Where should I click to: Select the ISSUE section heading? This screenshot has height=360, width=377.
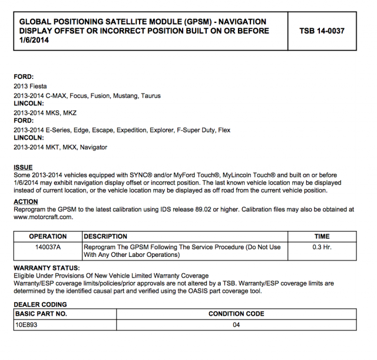tap(23, 167)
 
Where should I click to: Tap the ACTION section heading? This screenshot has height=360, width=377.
tap(25, 202)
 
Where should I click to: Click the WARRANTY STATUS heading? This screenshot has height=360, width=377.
tap(47, 268)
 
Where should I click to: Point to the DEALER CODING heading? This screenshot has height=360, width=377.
tap(40, 304)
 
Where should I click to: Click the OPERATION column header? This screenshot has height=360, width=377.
tap(48, 237)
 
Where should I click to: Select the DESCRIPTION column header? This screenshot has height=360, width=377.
tap(106, 237)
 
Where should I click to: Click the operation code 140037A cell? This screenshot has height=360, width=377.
tap(48, 247)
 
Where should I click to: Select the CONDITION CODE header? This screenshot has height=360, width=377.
tap(236, 314)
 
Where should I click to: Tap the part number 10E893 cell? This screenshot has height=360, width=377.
tap(27, 325)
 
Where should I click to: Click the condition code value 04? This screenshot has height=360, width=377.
tap(236, 325)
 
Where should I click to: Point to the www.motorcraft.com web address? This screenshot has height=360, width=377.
tap(43, 217)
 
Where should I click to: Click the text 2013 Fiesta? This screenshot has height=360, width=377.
tap(30, 86)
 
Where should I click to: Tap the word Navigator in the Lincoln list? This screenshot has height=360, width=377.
tap(94, 147)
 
